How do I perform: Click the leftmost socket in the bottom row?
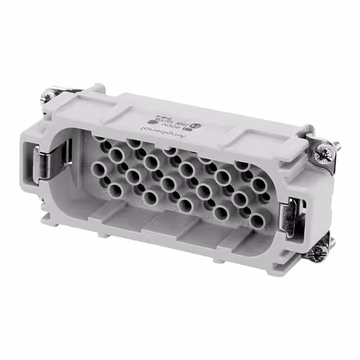coord(116,188)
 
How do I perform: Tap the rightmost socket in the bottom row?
coord(256,220)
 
